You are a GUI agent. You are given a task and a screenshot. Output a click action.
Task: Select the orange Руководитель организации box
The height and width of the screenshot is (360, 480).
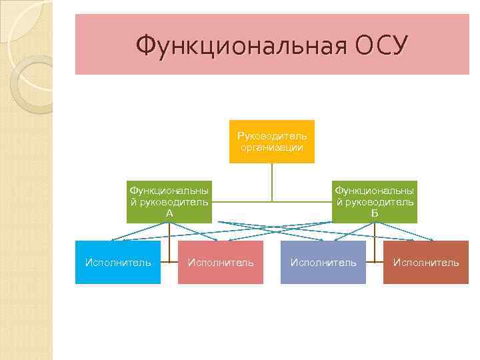272,141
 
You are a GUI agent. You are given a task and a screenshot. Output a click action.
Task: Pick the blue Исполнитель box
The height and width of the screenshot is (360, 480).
118,263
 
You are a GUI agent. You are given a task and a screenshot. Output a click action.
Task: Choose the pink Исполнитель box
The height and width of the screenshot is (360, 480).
221,263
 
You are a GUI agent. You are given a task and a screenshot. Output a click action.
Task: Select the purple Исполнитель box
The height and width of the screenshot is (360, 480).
323,263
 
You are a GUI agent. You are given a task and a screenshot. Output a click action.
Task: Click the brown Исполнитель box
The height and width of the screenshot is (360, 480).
426,263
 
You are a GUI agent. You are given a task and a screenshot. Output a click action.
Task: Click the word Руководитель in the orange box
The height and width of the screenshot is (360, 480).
272,136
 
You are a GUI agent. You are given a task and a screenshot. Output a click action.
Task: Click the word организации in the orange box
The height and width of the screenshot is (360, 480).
272,147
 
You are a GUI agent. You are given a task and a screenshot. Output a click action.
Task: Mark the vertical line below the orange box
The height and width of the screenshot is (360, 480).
272,181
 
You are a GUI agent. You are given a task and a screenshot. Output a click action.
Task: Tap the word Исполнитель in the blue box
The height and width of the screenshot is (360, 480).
118,263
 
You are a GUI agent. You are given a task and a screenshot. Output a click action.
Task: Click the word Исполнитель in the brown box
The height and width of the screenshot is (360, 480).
426,263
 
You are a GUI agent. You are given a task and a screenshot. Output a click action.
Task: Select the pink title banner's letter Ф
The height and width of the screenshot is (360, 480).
145,46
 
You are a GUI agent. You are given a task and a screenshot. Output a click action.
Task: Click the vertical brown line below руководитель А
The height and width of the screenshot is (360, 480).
169,240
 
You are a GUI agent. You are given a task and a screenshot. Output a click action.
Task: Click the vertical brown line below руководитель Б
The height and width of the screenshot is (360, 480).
375,240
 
